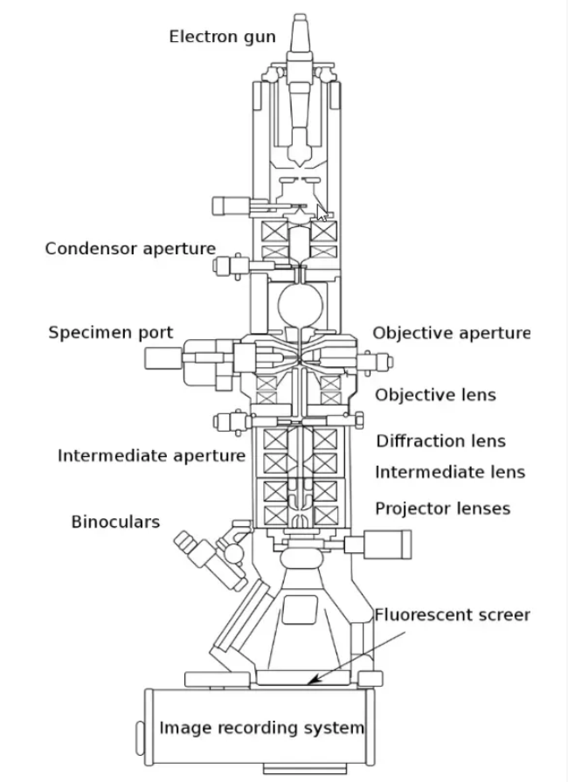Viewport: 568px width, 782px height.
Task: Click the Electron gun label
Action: [x=222, y=37]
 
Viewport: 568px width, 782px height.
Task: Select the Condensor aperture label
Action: [x=130, y=249]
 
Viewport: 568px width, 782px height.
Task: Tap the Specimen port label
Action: [x=110, y=333]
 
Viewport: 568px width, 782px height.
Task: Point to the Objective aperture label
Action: [x=451, y=333]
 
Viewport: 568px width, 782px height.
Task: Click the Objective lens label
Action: [x=447, y=395]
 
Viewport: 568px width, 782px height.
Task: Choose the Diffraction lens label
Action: [x=440, y=441]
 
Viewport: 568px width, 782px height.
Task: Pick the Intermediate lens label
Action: [x=450, y=473]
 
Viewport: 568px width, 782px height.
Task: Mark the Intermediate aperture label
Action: [x=151, y=456]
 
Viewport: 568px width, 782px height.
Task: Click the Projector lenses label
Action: [x=442, y=509]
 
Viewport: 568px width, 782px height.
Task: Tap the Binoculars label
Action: [x=115, y=522]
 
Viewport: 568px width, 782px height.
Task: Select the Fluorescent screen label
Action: [x=452, y=614]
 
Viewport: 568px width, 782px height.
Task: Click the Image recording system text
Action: [x=261, y=727]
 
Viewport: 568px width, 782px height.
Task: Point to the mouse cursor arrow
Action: [x=322, y=214]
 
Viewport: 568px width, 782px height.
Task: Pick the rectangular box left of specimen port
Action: [x=163, y=357]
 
